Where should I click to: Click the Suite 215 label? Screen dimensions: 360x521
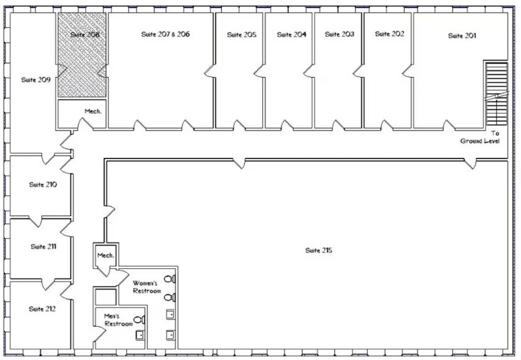coord(318,250)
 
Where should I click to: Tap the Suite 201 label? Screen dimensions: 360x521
coord(462,36)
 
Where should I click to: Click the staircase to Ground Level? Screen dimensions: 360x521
coord(496,92)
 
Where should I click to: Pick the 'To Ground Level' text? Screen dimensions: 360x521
coord(481,137)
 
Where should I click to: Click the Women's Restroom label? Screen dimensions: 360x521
coord(147,287)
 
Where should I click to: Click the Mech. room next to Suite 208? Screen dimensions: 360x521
coord(92,111)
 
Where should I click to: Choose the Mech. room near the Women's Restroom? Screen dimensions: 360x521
coord(105,255)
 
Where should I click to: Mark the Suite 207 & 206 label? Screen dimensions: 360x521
coord(162,34)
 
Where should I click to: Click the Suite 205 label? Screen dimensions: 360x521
coord(241,35)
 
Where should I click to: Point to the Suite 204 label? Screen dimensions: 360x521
coord(291,35)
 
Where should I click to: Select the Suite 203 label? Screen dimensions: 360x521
coord(339,34)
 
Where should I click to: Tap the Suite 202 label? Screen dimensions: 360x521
coord(389,34)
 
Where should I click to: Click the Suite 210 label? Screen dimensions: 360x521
coord(43,184)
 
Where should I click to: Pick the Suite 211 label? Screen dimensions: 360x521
coord(43,247)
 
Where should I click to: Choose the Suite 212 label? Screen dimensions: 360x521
coord(42,309)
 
